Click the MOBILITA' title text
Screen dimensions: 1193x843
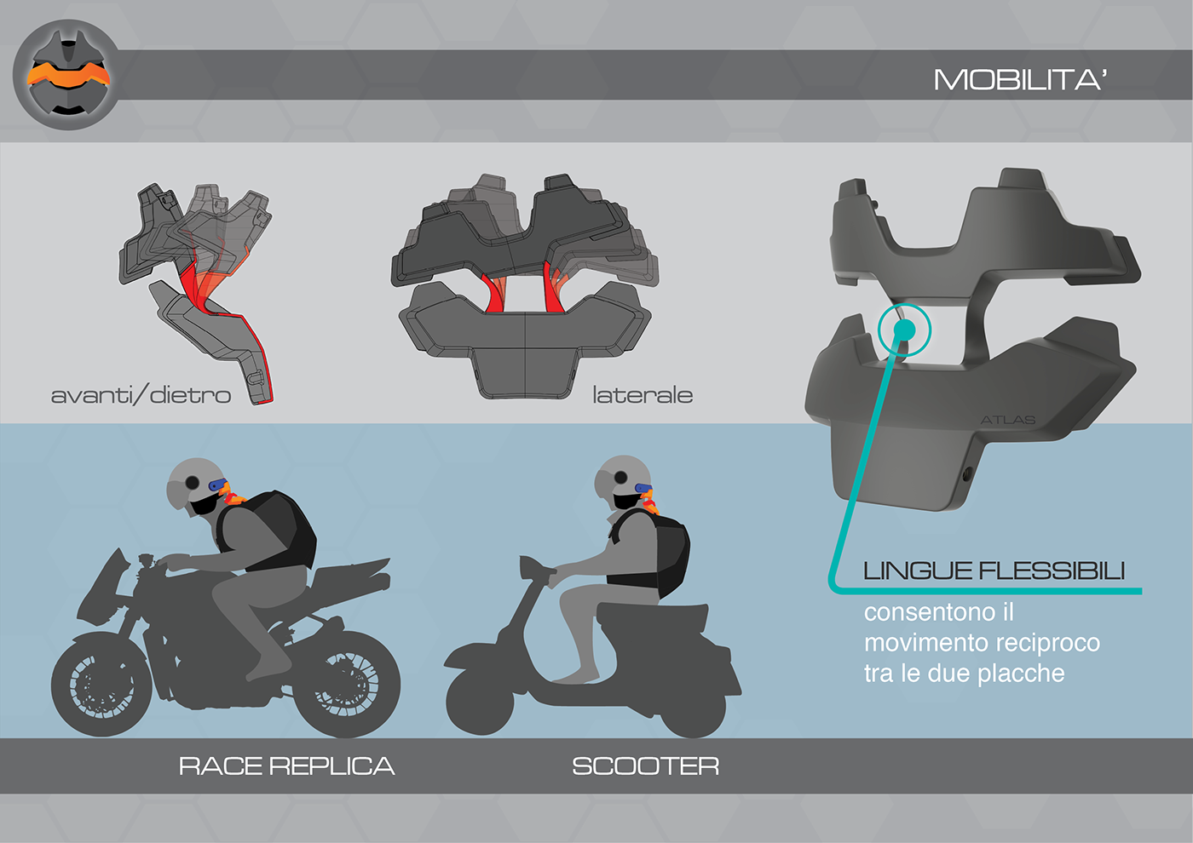coord(1020,80)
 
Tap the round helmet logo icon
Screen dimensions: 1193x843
coord(67,75)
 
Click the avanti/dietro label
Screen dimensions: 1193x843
coord(141,395)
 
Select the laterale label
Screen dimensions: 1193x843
coord(643,395)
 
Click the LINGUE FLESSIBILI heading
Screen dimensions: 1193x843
coord(994,571)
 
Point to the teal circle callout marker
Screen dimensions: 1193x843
coord(904,329)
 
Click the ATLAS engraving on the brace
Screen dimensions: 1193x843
coord(1007,420)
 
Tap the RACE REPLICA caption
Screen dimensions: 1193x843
coord(286,766)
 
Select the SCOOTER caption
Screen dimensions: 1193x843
coord(645,766)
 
